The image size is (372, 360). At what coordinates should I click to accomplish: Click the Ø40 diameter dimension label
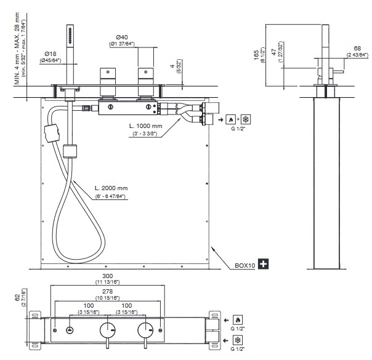122,37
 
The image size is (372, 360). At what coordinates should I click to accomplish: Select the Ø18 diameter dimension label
51,54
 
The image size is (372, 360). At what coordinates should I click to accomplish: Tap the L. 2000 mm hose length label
111,188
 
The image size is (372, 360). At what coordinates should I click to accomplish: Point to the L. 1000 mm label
145,126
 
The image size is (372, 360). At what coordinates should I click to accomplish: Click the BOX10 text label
245,265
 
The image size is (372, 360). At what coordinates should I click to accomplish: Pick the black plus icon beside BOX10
263,264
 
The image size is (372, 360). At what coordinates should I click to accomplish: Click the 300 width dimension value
107,276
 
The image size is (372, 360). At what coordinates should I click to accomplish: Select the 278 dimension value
107,292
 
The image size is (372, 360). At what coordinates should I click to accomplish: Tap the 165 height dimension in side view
257,55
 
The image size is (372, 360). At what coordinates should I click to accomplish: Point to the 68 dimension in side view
357,49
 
